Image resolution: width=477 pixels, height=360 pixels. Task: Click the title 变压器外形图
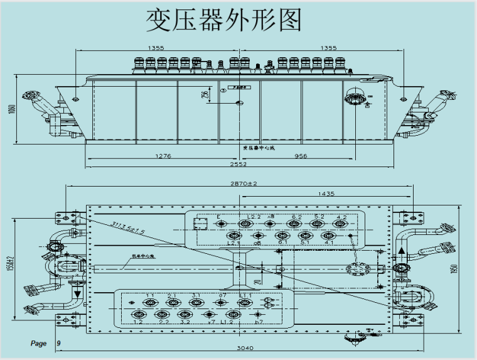[x=224, y=20]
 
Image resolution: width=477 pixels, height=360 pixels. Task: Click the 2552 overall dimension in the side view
[x=238, y=164]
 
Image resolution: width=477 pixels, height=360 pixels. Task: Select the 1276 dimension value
[x=163, y=155]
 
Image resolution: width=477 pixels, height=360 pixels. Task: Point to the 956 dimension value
[x=301, y=155]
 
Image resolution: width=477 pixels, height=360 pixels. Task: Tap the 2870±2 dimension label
[x=240, y=183]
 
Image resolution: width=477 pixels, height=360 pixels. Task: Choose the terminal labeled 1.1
[x=150, y=302]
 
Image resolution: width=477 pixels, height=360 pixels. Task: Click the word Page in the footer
[x=38, y=344]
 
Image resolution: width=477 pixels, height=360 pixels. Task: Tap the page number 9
[x=58, y=344]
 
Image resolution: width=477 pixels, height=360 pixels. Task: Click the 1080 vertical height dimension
[x=11, y=109]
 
